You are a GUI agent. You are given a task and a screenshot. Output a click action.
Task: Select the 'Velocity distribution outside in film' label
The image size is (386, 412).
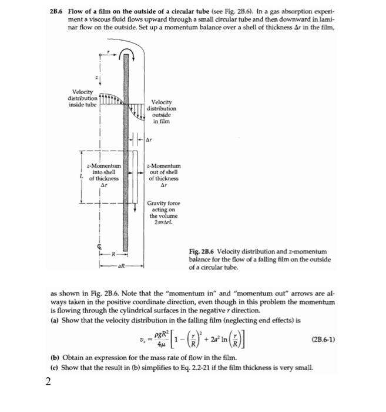click(x=164, y=112)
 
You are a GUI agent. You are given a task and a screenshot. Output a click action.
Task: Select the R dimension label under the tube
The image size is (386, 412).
click(x=116, y=254)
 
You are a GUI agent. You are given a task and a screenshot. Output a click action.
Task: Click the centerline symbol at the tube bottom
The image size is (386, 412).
click(x=100, y=247)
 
